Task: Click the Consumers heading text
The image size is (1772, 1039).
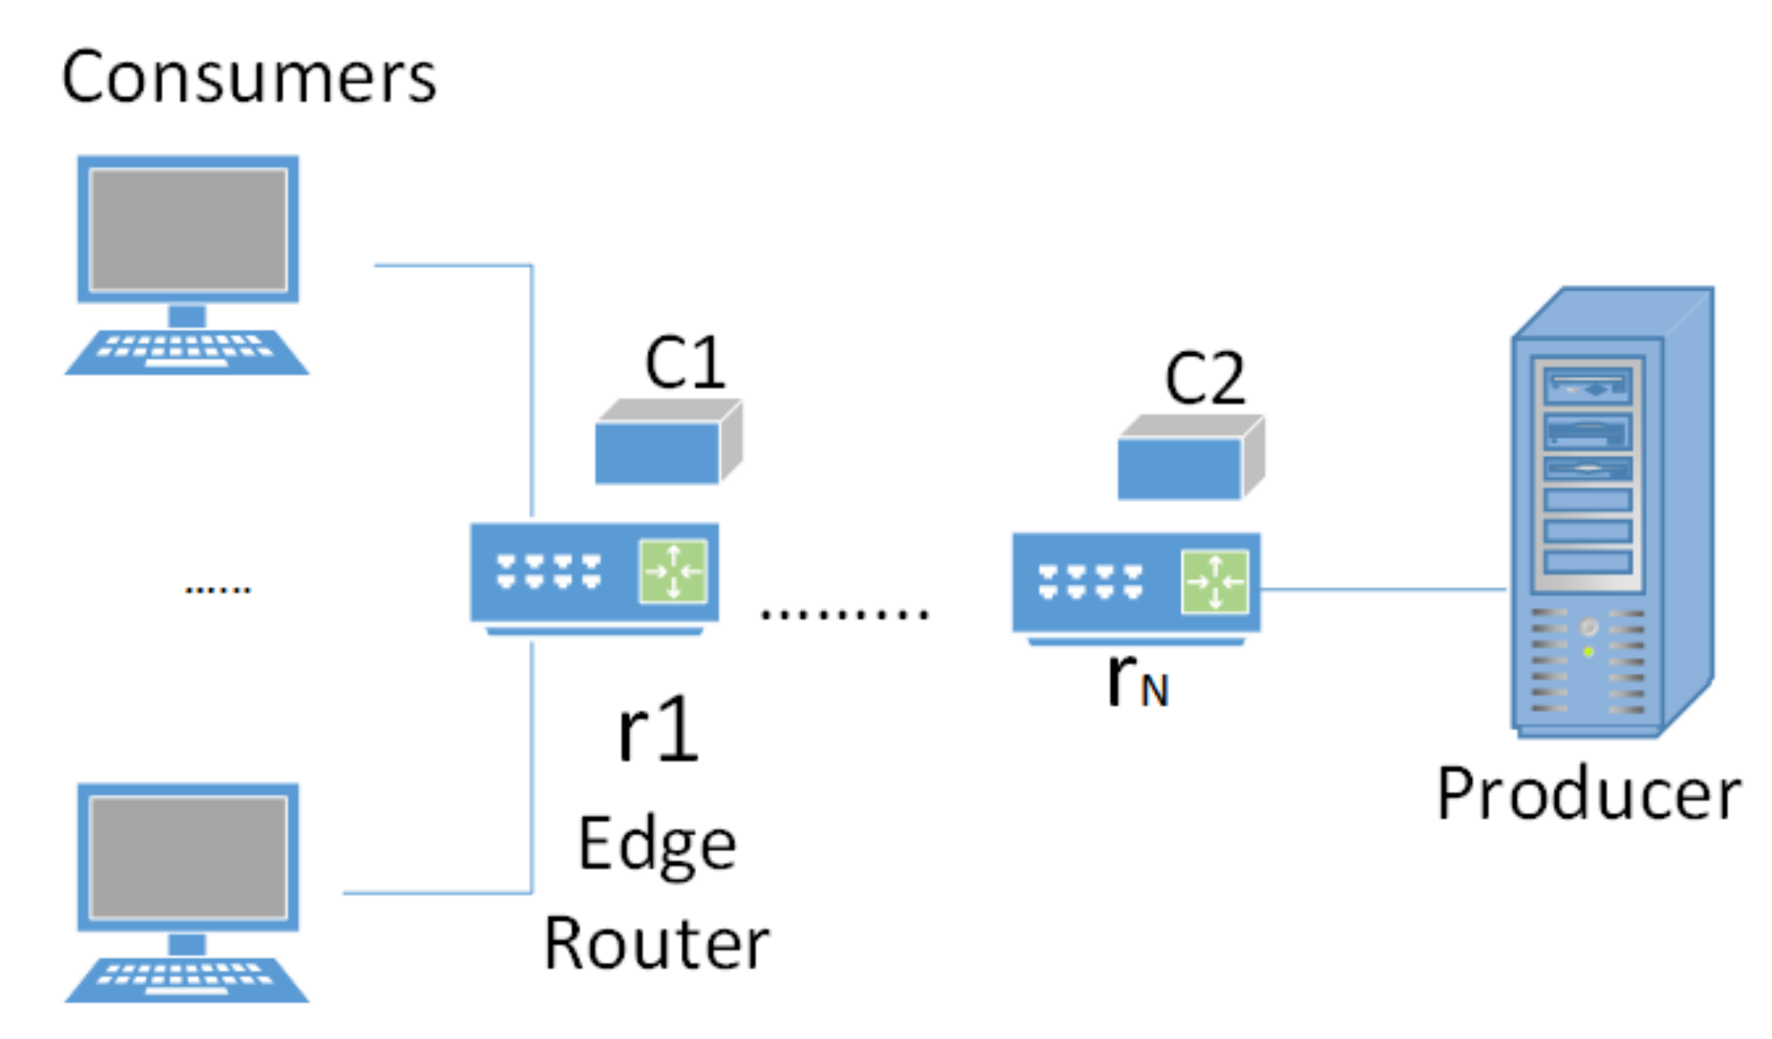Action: pos(249,77)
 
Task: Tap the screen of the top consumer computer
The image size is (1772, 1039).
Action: pos(188,229)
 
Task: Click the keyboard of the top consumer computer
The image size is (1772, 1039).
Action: pos(187,351)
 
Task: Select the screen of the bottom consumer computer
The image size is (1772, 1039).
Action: pos(188,857)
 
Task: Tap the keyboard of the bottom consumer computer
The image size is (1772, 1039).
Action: pos(187,978)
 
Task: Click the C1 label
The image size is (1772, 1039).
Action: pos(684,363)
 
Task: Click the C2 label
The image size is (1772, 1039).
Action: pos(1204,379)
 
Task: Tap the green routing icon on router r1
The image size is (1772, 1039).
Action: pos(672,572)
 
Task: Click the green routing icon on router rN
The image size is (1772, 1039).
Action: pos(1215,581)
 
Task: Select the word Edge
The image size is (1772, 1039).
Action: pos(657,846)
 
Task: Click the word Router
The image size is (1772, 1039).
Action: pos(657,943)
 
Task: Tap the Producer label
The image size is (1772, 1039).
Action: pos(1588,794)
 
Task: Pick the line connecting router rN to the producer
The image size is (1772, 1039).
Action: pos(1383,589)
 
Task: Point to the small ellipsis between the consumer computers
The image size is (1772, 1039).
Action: pos(218,589)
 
